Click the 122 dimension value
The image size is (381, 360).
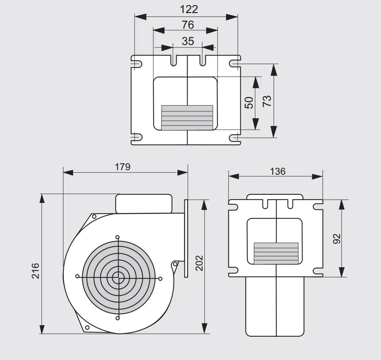pyautogui.click(x=189, y=9)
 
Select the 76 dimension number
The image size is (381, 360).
pyautogui.click(x=188, y=25)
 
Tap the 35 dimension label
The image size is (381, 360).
pyautogui.click(x=188, y=41)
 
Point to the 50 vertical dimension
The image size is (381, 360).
pyautogui.click(x=249, y=103)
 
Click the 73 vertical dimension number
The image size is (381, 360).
pyautogui.click(x=267, y=101)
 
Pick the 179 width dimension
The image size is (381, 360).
pyautogui.click(x=123, y=167)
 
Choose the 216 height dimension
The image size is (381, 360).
pyautogui.click(x=36, y=270)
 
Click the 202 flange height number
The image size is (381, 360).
pyautogui.click(x=199, y=263)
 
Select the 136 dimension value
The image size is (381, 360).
pyautogui.click(x=278, y=171)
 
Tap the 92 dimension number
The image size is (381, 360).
pyautogui.click(x=337, y=239)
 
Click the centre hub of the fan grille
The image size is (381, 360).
pyautogui.click(x=118, y=277)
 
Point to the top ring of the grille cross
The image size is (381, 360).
pyautogui.click(x=118, y=237)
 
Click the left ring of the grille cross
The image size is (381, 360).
pyautogui.click(x=78, y=277)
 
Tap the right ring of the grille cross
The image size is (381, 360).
pyautogui.click(x=160, y=279)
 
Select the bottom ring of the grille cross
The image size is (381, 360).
pyautogui.click(x=118, y=318)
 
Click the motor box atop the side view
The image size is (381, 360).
pyautogui.click(x=143, y=204)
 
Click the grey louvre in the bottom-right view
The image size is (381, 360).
pyautogui.click(x=276, y=253)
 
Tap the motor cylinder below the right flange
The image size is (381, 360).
pyautogui.click(x=275, y=306)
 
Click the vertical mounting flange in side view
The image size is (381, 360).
pyautogui.click(x=186, y=239)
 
